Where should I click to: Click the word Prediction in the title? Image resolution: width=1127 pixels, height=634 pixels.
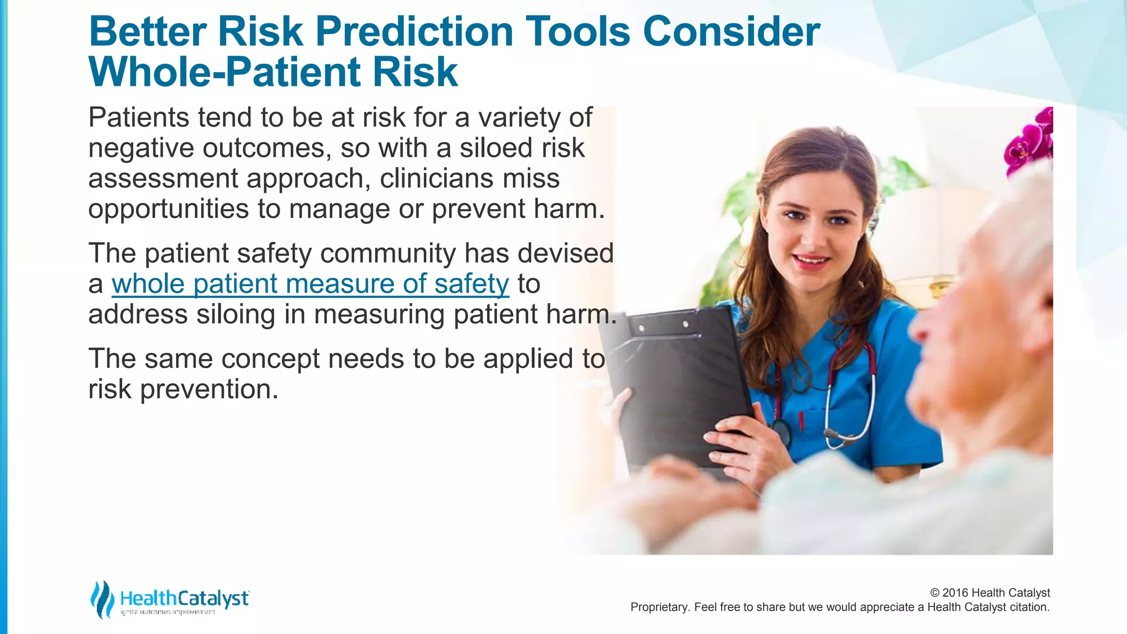[x=414, y=32]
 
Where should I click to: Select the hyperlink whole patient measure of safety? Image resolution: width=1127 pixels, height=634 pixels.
[x=310, y=284]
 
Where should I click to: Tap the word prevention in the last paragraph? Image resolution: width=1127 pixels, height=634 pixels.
[x=209, y=390]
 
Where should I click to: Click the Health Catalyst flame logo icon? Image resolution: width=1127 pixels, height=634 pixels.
[x=102, y=599]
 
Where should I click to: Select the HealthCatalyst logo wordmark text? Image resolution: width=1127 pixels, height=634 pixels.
[x=184, y=598]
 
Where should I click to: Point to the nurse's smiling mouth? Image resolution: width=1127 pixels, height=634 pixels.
[x=811, y=259]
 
